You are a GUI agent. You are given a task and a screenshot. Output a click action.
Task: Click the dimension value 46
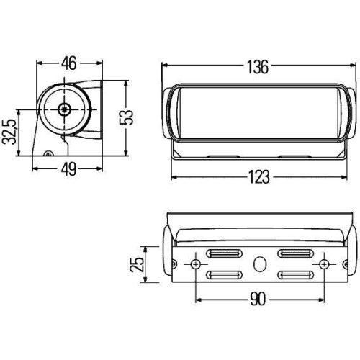click(x=69, y=63)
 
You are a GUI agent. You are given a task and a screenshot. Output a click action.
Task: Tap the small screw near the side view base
click(x=48, y=153)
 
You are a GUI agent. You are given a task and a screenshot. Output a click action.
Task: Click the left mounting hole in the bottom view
click(x=194, y=264)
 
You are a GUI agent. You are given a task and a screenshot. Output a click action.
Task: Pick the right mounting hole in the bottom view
click(x=325, y=264)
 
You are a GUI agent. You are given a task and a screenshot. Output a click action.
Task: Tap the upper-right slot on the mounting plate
click(x=295, y=253)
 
